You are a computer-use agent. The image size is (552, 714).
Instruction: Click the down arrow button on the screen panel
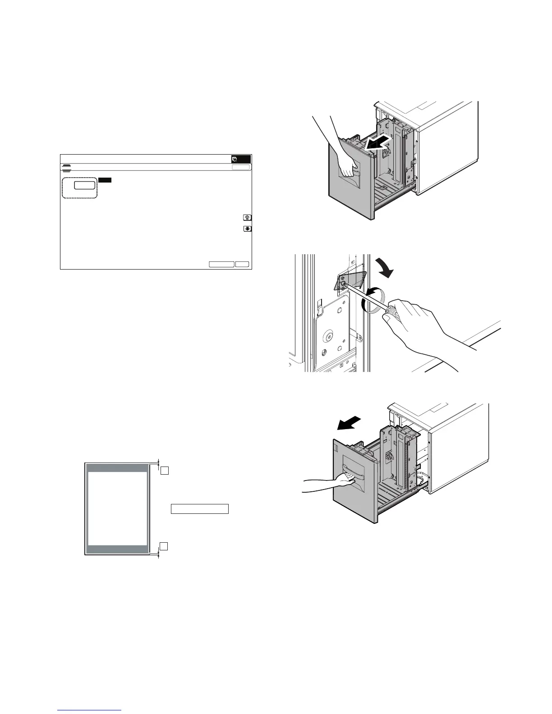pyautogui.click(x=247, y=229)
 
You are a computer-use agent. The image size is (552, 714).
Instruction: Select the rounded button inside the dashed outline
pyautogui.click(x=85, y=185)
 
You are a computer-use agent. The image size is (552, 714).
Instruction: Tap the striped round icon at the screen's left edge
pyautogui.click(x=66, y=167)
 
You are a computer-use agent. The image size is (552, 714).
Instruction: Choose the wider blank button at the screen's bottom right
pyautogui.click(x=221, y=264)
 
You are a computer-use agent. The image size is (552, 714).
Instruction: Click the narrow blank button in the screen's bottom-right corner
pyautogui.click(x=243, y=264)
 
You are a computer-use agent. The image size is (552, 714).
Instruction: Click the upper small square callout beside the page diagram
pyautogui.click(x=165, y=471)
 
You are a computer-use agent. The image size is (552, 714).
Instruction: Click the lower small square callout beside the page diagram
pyautogui.click(x=165, y=546)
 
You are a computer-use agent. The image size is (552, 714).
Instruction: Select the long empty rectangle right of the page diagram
pyautogui.click(x=199, y=509)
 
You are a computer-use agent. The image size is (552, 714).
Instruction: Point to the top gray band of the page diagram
pyautogui.click(x=117, y=468)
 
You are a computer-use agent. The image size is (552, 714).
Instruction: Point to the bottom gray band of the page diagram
pyautogui.click(x=117, y=549)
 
